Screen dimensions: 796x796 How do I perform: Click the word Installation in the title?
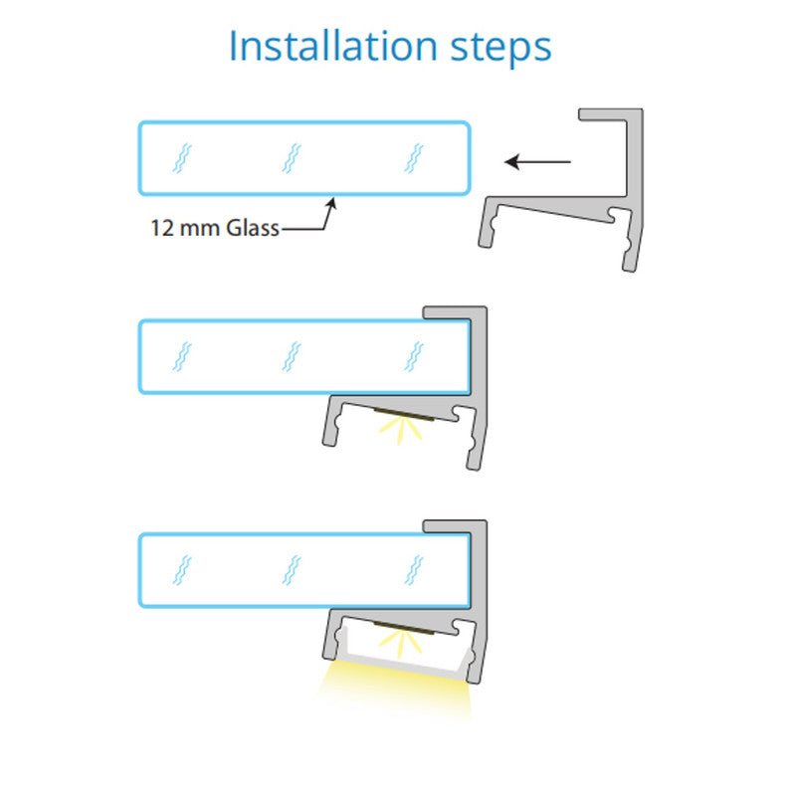[333, 46]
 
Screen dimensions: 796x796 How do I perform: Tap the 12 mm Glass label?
[215, 228]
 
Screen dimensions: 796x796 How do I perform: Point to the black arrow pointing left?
[537, 162]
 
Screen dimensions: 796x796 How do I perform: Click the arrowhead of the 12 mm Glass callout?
[332, 204]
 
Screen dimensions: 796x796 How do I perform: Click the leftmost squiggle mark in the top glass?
[182, 158]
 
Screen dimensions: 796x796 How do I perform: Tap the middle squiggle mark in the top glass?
[292, 158]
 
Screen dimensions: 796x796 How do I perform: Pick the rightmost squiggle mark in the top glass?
[414, 158]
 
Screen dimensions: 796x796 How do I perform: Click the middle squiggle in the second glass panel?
[292, 356]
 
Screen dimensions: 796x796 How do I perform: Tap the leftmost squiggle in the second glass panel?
[182, 356]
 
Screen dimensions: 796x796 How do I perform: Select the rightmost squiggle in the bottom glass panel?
[414, 570]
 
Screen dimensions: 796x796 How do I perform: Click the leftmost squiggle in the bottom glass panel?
[182, 570]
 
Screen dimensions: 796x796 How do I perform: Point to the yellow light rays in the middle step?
[401, 429]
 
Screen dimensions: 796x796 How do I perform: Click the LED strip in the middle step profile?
[405, 414]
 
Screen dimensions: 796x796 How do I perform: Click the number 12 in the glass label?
[162, 228]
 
